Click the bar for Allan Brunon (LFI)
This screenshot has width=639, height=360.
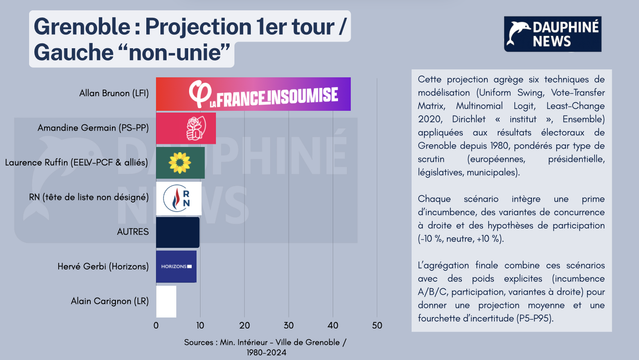point(253,95)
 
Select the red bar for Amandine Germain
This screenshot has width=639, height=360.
point(185,129)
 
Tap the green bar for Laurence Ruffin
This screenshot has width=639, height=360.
point(180,163)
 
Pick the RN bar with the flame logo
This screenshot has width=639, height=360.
point(179,197)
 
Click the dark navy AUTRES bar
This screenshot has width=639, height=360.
point(177,232)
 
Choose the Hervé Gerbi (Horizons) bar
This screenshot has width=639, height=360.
point(176,266)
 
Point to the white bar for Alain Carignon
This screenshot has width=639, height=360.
point(166,301)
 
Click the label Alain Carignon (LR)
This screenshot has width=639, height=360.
point(110,301)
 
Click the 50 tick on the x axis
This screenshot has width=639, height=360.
point(377,326)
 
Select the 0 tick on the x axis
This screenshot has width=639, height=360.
point(156,326)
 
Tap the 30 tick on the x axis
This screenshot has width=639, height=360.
point(289,326)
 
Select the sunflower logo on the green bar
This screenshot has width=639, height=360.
point(180,163)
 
